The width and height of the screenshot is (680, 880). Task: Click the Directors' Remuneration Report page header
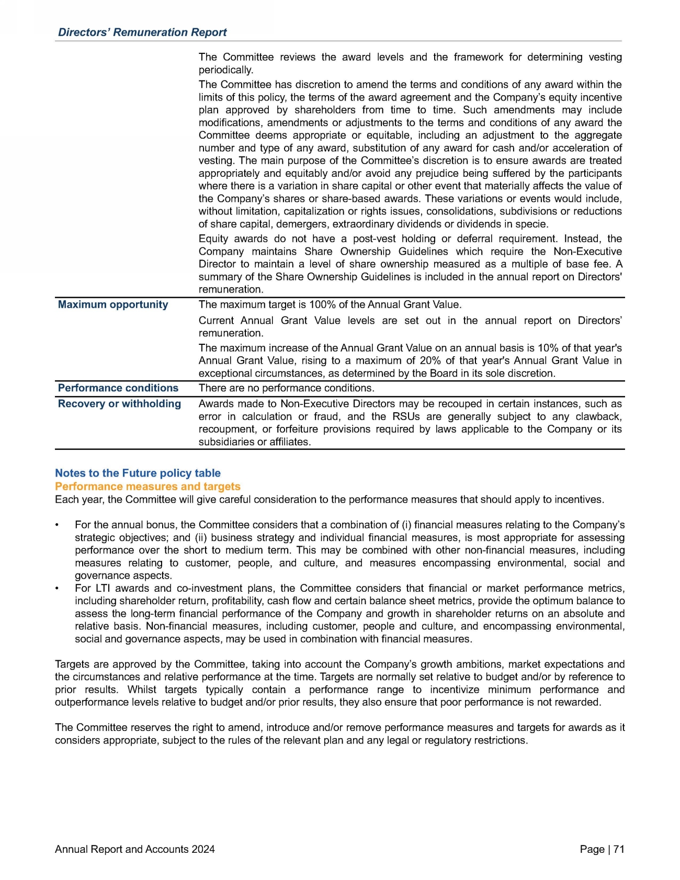pos(142,32)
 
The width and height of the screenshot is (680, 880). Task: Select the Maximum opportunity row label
pos(113,304)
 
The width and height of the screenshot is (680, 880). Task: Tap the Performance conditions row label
pos(118,388)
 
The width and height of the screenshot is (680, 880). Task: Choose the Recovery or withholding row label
pos(119,403)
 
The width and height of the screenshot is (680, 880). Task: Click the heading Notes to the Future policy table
pos(138,473)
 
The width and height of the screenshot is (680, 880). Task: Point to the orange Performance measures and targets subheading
pos(148,486)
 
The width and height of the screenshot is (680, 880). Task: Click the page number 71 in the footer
pos(619,849)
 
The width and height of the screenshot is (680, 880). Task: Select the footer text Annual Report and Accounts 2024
pos(135,849)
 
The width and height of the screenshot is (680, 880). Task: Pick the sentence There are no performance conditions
pos(287,388)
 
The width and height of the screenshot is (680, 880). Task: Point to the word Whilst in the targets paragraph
pos(141,690)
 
